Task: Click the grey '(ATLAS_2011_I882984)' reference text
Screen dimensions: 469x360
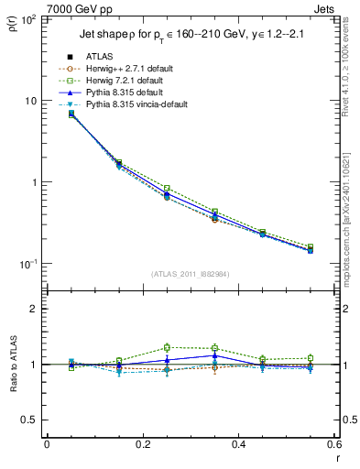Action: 191,274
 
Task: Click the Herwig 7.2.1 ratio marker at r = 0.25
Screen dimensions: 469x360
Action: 167,347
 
